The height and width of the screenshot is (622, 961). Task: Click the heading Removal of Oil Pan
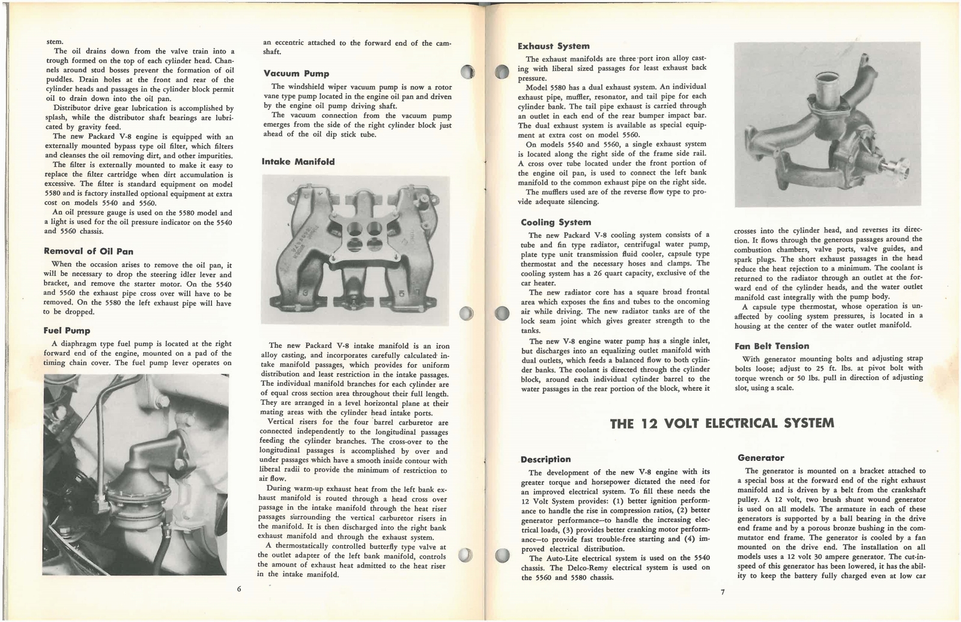88,251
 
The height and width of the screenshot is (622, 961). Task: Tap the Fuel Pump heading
67,331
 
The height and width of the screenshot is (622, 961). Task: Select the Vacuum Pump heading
296,73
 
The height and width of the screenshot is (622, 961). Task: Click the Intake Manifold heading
298,162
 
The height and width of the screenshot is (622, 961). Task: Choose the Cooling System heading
556,222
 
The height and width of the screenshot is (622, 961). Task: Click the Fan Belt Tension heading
771,346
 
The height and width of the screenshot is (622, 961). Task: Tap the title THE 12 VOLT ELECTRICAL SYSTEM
721,423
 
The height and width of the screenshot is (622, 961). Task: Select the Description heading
545,459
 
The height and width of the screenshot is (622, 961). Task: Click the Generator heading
760,458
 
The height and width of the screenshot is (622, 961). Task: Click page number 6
239,588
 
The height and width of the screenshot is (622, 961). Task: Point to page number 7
723,592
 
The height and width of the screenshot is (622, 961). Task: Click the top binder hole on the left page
469,72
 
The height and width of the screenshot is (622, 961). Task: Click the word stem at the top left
54,41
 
